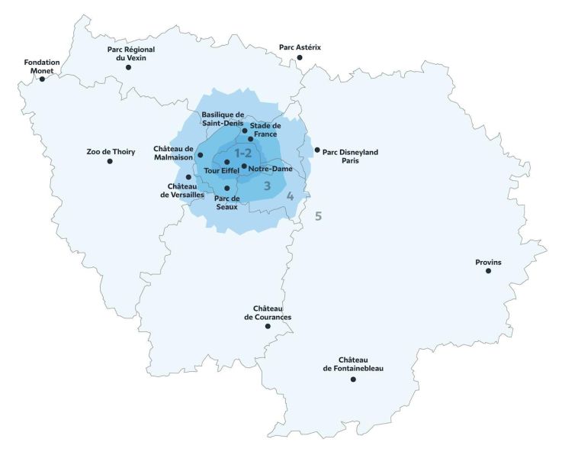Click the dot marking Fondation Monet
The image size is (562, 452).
(42, 79)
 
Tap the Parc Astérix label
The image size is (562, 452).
(300, 47)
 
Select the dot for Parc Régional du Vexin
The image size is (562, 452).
(128, 67)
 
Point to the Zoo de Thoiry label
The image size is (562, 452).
(111, 152)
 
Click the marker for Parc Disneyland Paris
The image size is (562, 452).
(317, 150)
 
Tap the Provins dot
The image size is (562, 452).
(488, 271)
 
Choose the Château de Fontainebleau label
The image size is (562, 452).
(353, 364)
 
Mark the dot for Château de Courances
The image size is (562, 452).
(268, 327)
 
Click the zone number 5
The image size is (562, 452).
(319, 216)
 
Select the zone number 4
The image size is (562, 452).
(290, 196)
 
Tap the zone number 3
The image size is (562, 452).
(267, 185)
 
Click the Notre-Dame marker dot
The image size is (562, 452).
(244, 166)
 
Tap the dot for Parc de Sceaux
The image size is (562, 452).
(227, 188)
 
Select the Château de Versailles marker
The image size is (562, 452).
(189, 177)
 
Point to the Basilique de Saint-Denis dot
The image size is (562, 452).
(245, 131)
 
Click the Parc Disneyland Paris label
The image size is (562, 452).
(351, 157)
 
